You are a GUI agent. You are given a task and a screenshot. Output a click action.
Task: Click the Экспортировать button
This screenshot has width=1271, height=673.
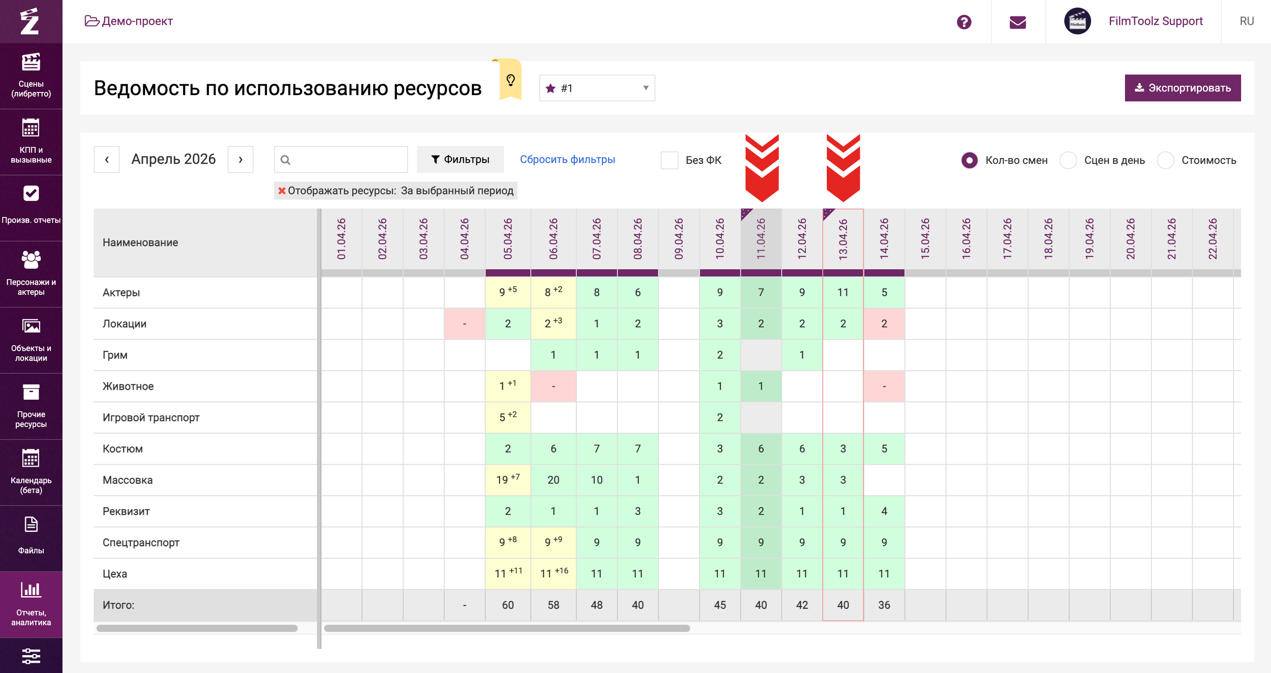1182,88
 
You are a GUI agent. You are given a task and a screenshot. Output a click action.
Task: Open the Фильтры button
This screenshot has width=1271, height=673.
460,159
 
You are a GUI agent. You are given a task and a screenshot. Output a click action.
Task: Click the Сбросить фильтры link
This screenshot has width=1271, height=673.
567,159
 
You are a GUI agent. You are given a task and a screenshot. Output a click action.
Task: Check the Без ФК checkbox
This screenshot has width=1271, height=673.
670,160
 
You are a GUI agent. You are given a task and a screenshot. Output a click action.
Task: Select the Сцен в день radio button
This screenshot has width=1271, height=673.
1068,160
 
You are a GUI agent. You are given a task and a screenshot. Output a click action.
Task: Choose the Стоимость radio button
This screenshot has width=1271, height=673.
1165,160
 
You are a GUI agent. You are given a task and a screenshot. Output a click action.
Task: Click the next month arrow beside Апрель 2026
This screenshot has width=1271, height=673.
240,159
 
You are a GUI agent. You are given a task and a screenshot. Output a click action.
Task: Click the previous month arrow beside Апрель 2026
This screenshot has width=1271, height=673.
107,159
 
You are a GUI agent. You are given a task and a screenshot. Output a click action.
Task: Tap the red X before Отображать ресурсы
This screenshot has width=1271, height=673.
282,190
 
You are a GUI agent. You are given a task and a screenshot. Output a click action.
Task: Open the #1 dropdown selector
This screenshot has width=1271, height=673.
597,88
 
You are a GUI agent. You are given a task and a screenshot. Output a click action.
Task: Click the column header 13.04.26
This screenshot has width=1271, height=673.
843,239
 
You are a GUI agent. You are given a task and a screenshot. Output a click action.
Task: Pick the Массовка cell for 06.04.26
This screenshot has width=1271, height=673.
553,480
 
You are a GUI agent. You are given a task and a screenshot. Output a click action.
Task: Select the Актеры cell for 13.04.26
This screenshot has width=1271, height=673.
843,292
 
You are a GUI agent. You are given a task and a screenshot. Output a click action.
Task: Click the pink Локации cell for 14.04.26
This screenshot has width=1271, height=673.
883,324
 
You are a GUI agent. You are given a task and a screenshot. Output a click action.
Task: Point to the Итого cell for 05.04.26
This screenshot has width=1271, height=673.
508,605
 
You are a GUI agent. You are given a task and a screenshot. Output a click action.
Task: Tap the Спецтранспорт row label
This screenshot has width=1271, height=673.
141,542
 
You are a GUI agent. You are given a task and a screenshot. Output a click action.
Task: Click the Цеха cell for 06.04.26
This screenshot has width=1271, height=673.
553,573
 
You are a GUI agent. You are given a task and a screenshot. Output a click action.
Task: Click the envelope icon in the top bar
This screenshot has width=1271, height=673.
1017,22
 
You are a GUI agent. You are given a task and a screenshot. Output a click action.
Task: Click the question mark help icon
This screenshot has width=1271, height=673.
963,22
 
